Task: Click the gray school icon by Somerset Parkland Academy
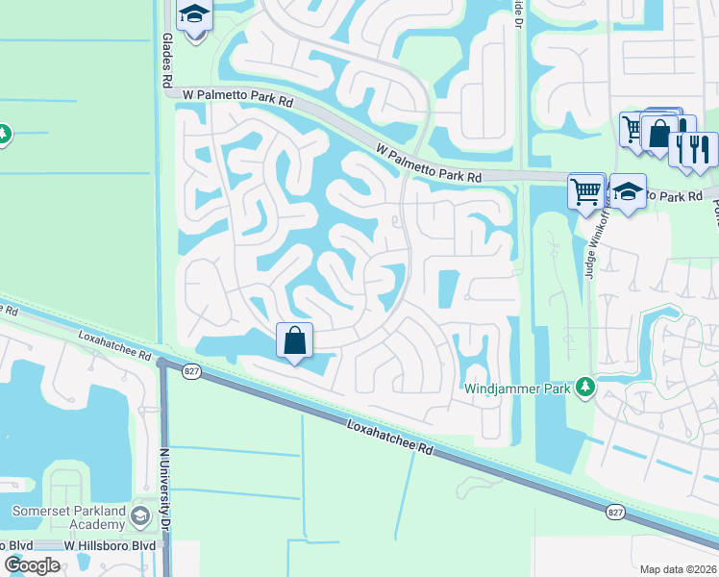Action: pos(140,517)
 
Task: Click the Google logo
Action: pos(33,565)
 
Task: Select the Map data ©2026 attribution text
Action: pos(678,569)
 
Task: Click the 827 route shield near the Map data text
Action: pos(614,514)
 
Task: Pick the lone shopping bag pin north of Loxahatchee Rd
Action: pos(294,340)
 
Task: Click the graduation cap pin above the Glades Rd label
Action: pos(195,16)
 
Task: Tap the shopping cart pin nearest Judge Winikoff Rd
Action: pos(585,190)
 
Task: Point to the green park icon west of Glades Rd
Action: pos(3,132)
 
